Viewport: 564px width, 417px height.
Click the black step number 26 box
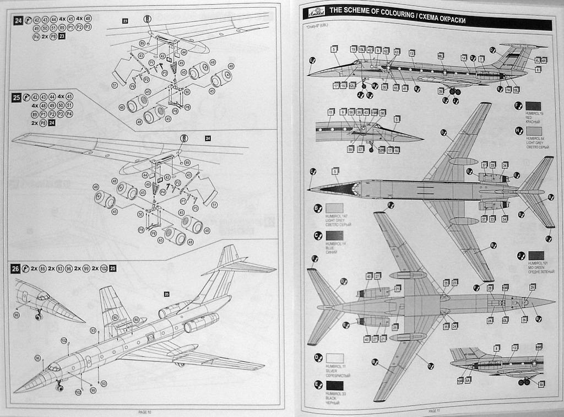pyautogui.click(x=16, y=269)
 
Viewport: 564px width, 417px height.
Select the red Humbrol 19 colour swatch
pyautogui.click(x=534, y=106)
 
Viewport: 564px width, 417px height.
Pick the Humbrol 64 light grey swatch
pyautogui.click(x=534, y=131)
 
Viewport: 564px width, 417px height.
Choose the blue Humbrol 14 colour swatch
pyautogui.click(x=334, y=236)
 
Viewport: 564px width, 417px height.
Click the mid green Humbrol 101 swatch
pyautogui.click(x=536, y=256)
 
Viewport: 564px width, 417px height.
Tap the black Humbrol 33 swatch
pyautogui.click(x=334, y=386)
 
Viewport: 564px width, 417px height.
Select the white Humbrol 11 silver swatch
pyautogui.click(x=334, y=358)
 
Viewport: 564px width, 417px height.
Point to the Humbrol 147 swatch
pyautogui.click(x=334, y=208)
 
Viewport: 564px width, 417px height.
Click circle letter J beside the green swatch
pyautogui.click(x=520, y=256)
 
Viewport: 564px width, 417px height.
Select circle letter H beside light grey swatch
pyautogui.click(x=518, y=131)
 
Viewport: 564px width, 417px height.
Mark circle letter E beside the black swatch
pyautogui.click(x=318, y=385)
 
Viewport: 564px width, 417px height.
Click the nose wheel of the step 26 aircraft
pyautogui.click(x=59, y=388)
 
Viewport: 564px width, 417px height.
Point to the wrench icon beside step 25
pyautogui.click(x=26, y=97)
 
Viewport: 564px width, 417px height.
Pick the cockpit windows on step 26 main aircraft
pyautogui.click(x=53, y=367)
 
